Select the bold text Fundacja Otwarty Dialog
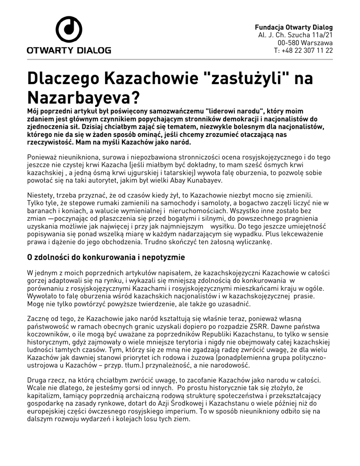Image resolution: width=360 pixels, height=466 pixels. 294,27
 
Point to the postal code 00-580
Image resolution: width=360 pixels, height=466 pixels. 287,42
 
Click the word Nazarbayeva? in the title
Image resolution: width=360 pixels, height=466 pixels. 82,97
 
